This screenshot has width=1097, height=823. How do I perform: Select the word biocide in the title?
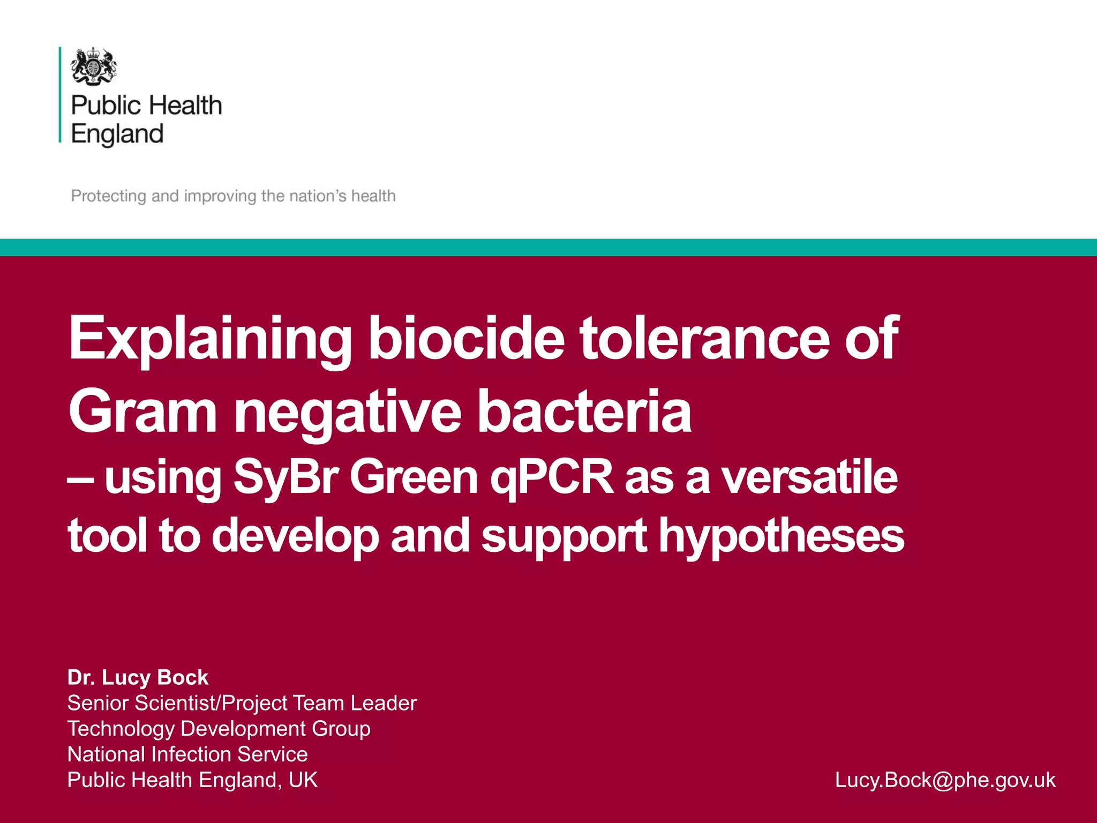coord(466,339)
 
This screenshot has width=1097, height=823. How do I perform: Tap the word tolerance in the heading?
coord(704,339)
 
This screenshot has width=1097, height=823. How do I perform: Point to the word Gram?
coord(142,411)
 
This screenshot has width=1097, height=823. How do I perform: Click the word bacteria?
coord(584,411)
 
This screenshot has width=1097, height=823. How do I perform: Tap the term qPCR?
coord(552,477)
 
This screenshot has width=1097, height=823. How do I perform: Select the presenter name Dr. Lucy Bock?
coord(138,677)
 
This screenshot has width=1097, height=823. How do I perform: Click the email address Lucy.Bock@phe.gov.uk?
coord(945,780)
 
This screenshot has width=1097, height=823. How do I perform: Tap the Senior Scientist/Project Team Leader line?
coord(242,703)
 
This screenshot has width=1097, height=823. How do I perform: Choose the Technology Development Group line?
coord(219,729)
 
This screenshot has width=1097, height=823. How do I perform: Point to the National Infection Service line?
coord(187,754)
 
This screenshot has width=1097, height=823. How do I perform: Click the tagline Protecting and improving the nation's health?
coord(233,196)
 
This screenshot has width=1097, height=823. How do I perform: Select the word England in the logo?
coord(117,134)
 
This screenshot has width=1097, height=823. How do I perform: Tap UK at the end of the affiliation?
coord(303,780)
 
